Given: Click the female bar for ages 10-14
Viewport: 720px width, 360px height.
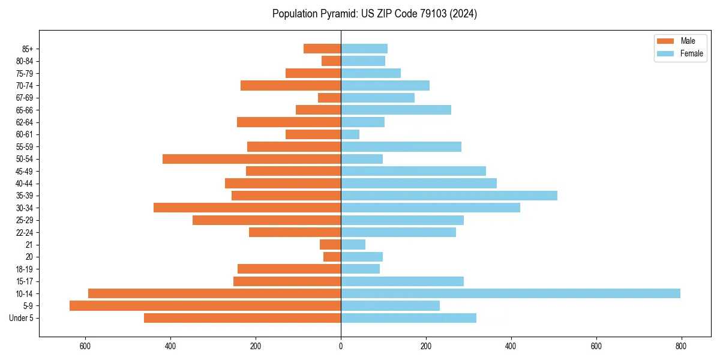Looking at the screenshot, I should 510,293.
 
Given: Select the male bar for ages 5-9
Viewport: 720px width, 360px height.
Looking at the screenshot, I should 205,305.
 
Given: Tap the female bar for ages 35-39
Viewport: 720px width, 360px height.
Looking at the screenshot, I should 449,196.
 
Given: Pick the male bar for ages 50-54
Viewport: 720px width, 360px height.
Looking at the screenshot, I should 251,159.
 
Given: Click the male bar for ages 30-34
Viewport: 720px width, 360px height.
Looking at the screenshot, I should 247,208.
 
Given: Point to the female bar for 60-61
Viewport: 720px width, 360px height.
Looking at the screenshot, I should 350,134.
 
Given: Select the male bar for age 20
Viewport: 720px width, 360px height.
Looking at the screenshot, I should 332,257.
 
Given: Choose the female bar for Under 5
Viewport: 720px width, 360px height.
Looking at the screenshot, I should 408,318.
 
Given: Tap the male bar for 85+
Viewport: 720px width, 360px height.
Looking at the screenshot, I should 322,49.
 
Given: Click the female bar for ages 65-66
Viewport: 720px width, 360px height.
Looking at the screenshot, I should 396,110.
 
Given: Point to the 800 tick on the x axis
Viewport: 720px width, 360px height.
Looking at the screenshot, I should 681,346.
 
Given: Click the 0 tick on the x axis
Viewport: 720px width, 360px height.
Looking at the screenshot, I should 341,346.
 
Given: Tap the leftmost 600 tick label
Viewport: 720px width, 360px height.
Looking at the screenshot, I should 85,346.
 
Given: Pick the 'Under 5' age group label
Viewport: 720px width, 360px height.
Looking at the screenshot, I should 21,318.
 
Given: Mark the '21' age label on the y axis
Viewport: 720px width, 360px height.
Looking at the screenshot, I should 29,245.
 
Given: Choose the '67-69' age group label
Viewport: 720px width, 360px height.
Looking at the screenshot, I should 25,98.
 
